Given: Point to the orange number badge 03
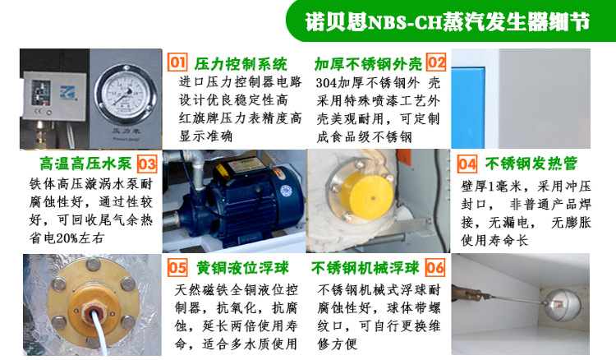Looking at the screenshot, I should click(x=147, y=164).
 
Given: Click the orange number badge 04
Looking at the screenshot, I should click(x=467, y=163).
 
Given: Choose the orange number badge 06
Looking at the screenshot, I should click(x=435, y=268).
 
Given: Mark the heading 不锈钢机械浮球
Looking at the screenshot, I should click(x=366, y=268).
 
